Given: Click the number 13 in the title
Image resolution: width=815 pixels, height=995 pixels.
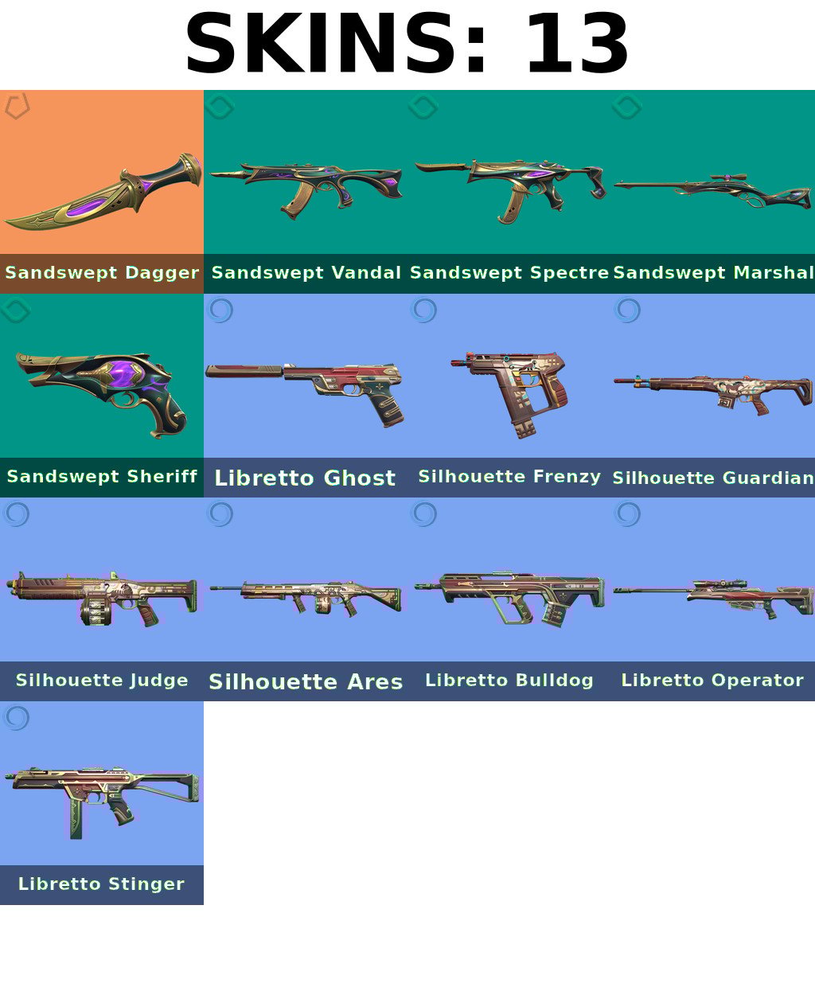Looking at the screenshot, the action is (577, 43).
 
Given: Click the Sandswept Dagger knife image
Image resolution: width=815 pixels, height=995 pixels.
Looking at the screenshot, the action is (103, 192).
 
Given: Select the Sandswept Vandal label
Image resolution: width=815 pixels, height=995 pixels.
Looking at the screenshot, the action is (306, 273).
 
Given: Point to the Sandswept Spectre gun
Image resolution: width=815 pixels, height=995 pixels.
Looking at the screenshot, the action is (510, 189).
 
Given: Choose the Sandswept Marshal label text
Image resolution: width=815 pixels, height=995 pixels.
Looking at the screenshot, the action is (713, 273).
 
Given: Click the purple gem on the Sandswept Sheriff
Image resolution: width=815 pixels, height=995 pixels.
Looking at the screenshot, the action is (123, 373).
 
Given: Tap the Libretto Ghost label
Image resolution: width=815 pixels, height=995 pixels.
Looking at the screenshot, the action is (305, 478).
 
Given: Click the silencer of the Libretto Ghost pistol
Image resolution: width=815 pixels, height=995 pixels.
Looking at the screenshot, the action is (244, 371).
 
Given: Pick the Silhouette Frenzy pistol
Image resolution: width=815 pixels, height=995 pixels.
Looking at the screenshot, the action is (510, 394).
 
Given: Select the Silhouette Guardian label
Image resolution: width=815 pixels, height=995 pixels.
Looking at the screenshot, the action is (713, 478).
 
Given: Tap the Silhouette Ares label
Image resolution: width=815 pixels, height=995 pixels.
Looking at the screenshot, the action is (306, 681).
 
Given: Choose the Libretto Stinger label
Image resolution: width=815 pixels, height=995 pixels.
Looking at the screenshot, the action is (101, 884).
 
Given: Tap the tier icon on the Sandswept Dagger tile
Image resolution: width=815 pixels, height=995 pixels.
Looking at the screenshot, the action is (17, 106).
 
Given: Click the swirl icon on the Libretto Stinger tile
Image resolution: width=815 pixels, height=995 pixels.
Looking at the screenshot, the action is (17, 717).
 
